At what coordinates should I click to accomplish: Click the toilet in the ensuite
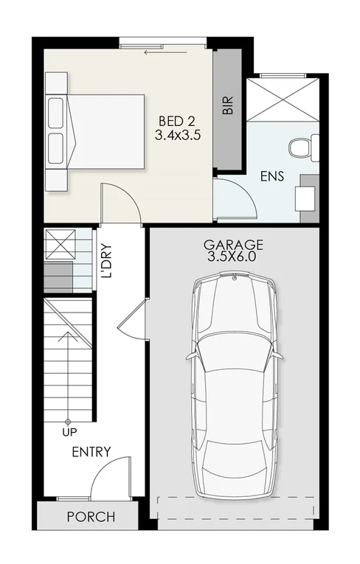pyautogui.click(x=303, y=147)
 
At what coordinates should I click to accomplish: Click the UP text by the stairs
pyautogui.click(x=69, y=431)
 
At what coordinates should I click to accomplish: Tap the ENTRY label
pyautogui.click(x=91, y=451)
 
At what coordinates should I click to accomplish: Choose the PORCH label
pyautogui.click(x=91, y=516)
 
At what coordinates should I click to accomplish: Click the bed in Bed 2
pyautogui.click(x=96, y=133)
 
